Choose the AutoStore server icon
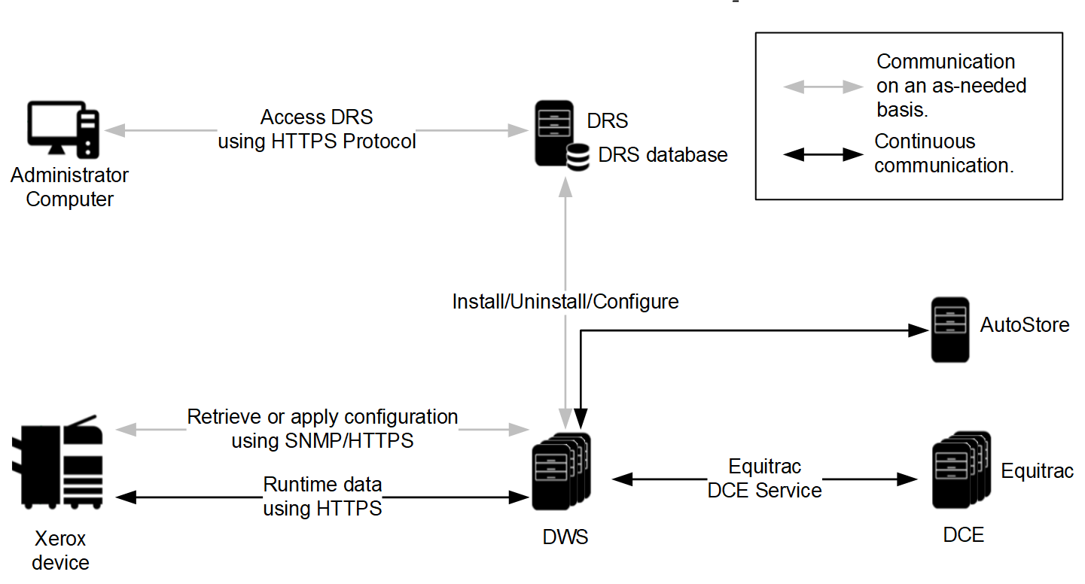(x=949, y=331)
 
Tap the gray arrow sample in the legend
(x=822, y=87)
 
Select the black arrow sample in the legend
(x=822, y=155)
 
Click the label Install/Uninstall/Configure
(x=565, y=302)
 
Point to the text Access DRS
(x=316, y=117)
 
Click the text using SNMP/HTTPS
(x=322, y=441)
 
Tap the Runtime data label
(x=322, y=484)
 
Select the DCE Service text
(x=765, y=491)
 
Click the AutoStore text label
(x=1024, y=325)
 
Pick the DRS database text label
(x=663, y=155)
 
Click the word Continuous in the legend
(x=925, y=141)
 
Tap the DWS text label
(x=565, y=537)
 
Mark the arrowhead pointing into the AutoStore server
(x=919, y=330)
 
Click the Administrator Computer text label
(x=69, y=187)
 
